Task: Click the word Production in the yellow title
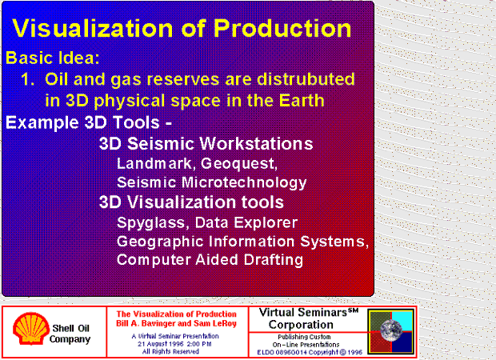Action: click(x=282, y=29)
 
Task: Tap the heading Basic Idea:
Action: click(x=53, y=58)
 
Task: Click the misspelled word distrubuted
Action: click(x=306, y=78)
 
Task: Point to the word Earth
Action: click(x=302, y=100)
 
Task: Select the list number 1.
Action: click(x=27, y=79)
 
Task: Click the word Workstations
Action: click(x=257, y=144)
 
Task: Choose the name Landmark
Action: click(x=154, y=163)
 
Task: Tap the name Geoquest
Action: click(x=239, y=164)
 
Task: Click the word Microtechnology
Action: click(x=244, y=183)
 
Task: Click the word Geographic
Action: click(x=160, y=242)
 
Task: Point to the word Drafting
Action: click(x=274, y=260)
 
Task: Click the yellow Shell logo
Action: click(x=30, y=328)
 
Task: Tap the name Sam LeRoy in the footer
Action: click(x=215, y=323)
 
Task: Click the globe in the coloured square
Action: click(x=391, y=330)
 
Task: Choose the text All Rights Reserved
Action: click(x=170, y=351)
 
